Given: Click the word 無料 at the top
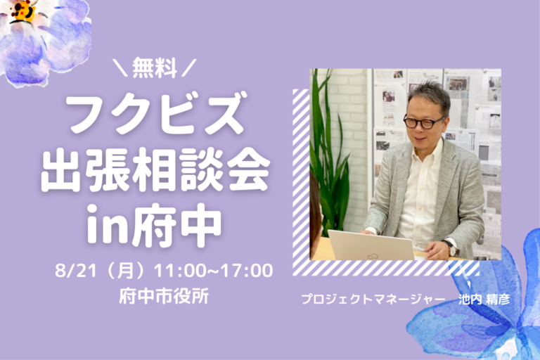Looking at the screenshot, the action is pos(155,67).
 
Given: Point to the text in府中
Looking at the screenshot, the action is pos(154,225).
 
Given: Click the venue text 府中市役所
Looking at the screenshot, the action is pos(164,296).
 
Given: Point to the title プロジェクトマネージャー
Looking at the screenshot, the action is pos(373,299).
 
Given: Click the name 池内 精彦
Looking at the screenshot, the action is pos(484,299).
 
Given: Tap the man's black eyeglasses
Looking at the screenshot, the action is pos(423,122).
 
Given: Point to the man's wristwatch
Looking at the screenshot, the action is pos(450,247).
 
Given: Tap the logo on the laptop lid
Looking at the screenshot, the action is pos(371,257).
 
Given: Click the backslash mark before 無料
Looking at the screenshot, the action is pos(121,67).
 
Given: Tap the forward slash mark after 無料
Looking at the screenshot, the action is pos(188,67).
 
